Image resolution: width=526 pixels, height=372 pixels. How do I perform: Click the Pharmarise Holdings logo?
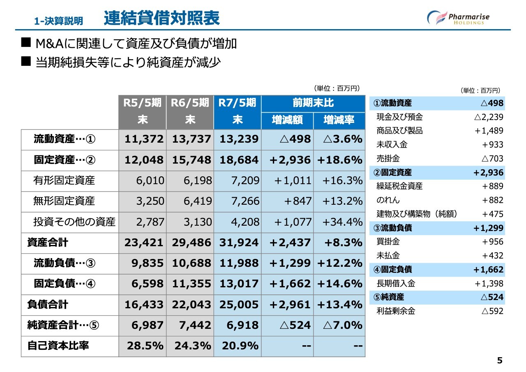458,18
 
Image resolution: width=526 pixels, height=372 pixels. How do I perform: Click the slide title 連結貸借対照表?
162,18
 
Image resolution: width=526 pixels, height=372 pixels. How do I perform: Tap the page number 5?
500,360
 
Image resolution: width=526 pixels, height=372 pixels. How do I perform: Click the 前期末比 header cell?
313,103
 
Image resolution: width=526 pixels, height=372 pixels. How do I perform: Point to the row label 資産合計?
48,243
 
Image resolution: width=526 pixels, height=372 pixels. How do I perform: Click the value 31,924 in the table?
239,243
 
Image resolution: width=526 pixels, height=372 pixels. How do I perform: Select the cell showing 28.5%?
145,346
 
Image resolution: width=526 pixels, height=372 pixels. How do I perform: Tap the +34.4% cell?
343,222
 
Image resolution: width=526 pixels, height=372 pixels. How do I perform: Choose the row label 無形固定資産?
64,201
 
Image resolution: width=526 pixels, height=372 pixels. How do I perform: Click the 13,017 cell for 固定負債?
239,284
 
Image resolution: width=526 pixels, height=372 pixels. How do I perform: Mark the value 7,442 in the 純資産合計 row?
195,325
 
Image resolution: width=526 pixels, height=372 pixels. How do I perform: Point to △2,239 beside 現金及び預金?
489,117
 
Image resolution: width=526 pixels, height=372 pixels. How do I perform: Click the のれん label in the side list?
388,200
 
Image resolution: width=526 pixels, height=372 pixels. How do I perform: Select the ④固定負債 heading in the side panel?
392,269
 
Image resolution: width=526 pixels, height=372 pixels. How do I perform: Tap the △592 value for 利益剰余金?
492,311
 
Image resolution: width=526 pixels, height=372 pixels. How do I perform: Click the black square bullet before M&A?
26,42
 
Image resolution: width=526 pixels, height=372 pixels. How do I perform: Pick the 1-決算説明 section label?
58,21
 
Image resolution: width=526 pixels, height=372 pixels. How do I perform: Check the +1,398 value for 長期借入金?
489,284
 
